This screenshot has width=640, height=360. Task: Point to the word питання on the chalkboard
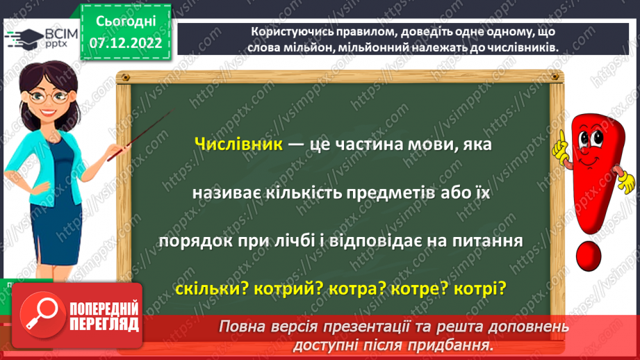493,239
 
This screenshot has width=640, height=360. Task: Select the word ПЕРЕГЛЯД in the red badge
104,324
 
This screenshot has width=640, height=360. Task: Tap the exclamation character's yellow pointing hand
560,148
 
